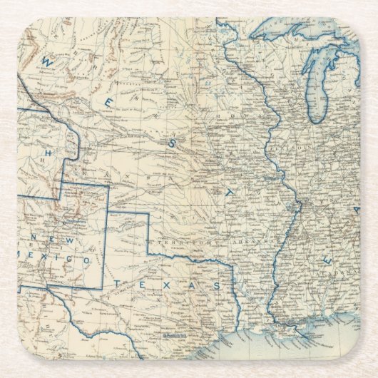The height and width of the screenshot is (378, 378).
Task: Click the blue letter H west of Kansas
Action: (49, 153)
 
